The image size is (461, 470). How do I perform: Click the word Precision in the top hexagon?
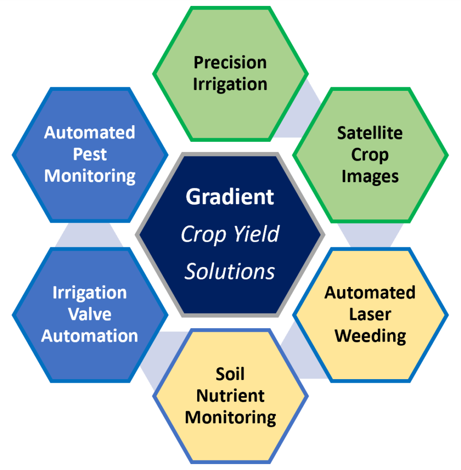point(230,62)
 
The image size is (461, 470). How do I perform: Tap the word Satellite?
point(370,133)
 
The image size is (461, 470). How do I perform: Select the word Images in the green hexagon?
point(370,176)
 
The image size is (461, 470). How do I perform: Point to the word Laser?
point(370,314)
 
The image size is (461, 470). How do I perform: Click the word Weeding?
point(370,336)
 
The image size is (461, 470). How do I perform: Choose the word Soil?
point(230,374)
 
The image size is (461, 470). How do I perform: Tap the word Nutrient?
point(230,396)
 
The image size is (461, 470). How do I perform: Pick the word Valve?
point(89,314)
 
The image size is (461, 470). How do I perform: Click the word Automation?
point(89,336)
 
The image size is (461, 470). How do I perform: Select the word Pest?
point(89,155)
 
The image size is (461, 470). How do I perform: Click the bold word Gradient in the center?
point(230,197)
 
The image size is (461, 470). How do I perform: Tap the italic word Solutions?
point(230,272)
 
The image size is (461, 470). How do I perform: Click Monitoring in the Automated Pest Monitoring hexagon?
point(89,176)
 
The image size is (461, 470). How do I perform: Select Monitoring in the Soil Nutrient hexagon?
point(230,418)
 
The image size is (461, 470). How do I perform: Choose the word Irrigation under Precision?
point(230,84)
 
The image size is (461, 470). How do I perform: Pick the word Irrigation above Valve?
point(89,293)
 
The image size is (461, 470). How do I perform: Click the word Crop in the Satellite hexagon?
point(370,155)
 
